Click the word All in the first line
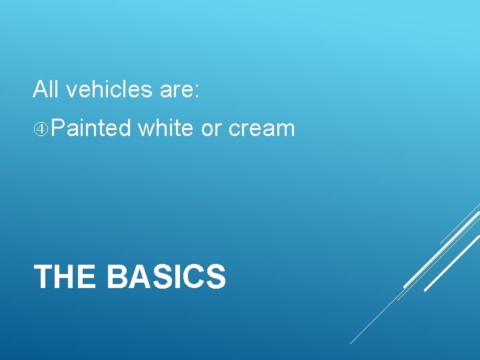pos(46,89)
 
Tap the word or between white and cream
pos(211,129)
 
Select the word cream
pos(261,129)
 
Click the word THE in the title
pos(64,277)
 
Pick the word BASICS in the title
pos(166,277)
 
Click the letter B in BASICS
pos(118,277)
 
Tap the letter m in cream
pos(285,129)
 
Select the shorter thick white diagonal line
pos(452,265)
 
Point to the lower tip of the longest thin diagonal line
pos(351,343)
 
